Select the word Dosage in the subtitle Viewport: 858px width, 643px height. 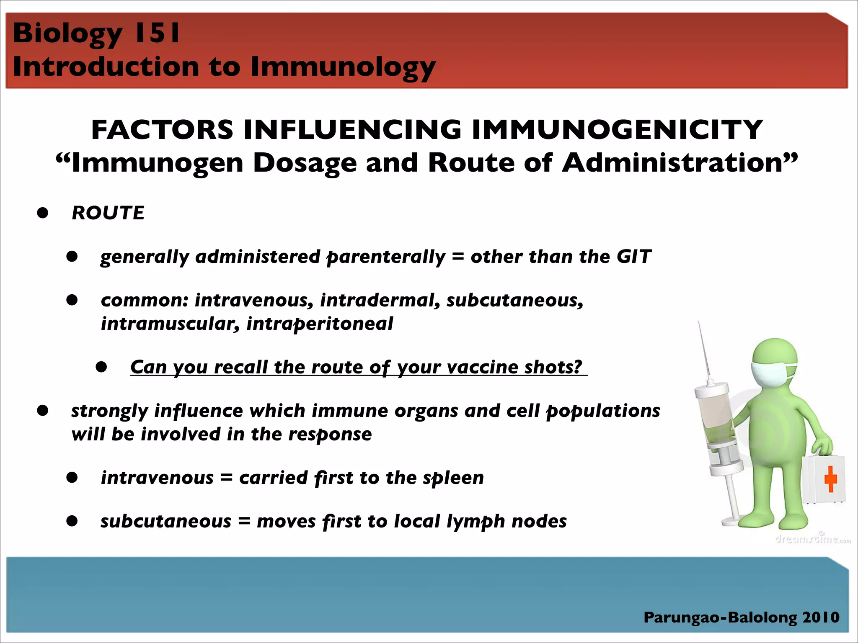coord(305,163)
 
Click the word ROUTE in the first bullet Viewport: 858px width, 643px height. coord(108,213)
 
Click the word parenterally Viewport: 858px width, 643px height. coord(386,257)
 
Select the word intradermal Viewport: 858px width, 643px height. coord(380,301)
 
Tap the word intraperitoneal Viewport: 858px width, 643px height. coord(320,324)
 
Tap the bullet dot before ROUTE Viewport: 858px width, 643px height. coord(43,213)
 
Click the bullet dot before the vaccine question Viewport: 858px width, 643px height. coord(101,367)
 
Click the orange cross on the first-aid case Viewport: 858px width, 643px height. coord(830,479)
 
